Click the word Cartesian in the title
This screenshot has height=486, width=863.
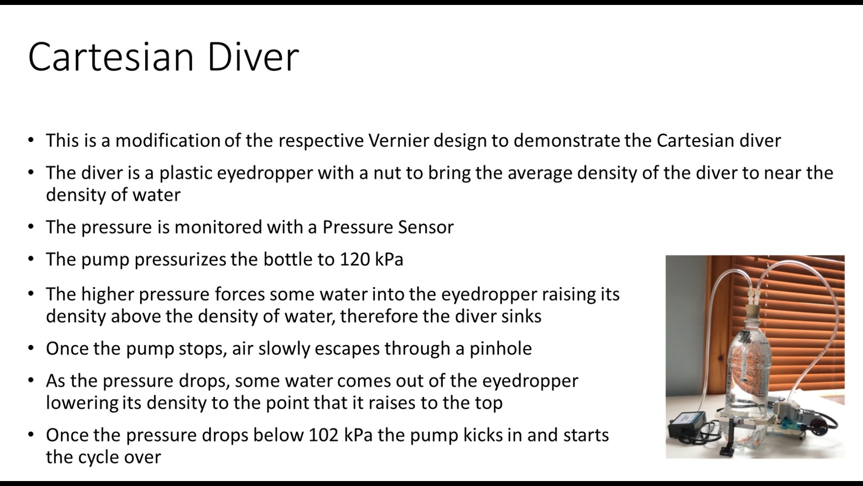tap(111, 57)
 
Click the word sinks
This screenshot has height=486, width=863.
tap(520, 316)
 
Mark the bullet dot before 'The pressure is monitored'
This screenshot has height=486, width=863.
tap(31, 227)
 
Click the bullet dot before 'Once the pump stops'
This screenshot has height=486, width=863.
tap(31, 349)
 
